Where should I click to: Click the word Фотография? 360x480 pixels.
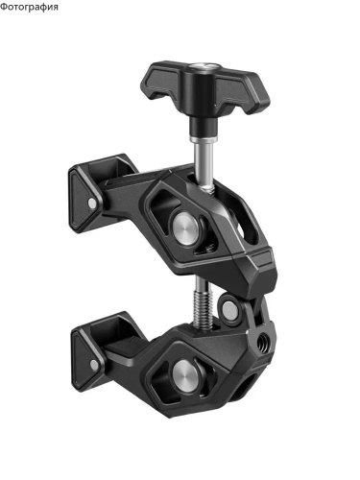29,7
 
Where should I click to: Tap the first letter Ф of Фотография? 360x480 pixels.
3,7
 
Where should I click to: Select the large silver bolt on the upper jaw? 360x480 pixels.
185,227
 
